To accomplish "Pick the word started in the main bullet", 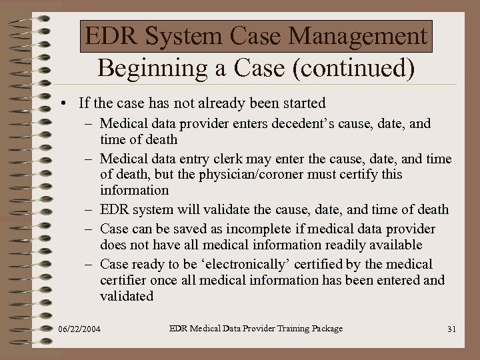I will click(303, 103).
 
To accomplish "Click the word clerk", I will click(229, 159).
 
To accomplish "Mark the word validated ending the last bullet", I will click(127, 296).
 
